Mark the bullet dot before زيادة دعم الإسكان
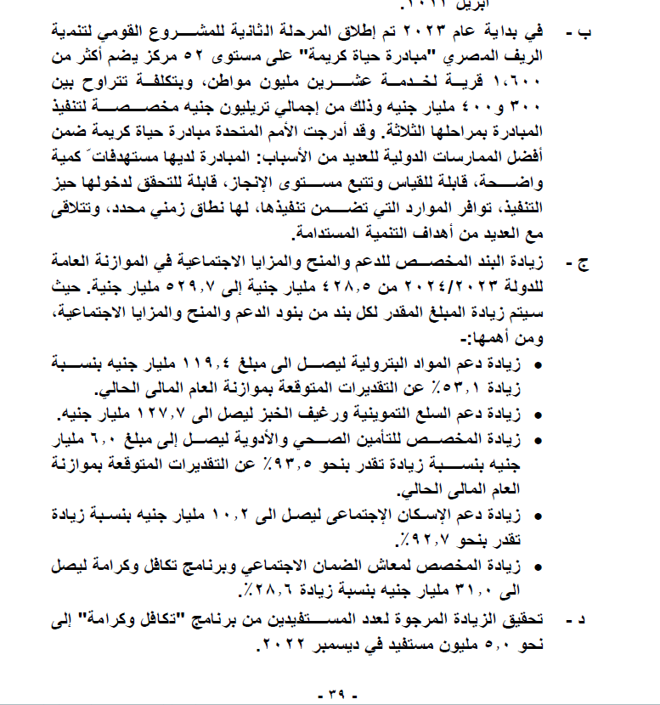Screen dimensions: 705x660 coord(538,515)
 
